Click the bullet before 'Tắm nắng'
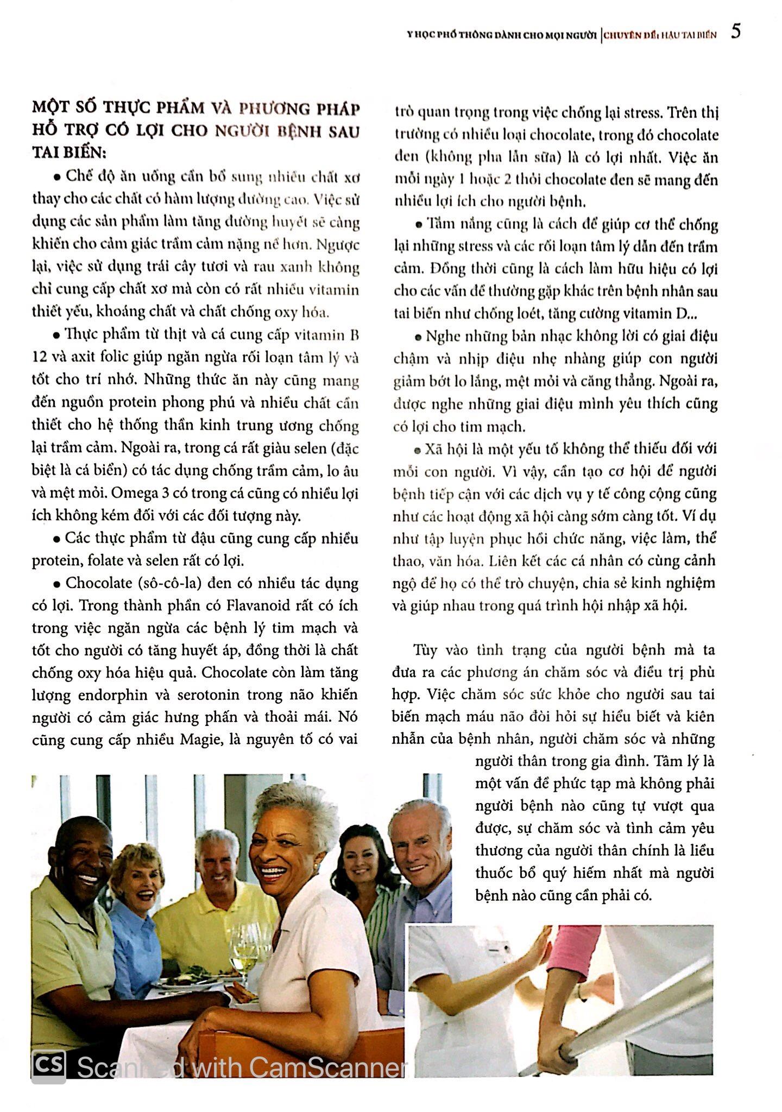click(x=418, y=225)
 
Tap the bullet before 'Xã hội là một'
click(x=417, y=450)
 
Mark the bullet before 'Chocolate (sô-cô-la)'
click(x=56, y=585)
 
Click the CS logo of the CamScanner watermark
click(x=49, y=1065)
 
